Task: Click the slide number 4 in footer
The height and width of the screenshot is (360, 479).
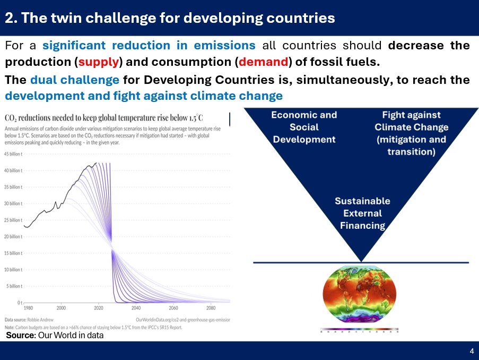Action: point(472,351)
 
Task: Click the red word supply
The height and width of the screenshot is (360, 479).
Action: point(99,62)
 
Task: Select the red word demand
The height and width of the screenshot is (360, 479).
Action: point(263,62)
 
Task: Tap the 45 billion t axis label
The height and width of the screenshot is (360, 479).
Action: point(13,154)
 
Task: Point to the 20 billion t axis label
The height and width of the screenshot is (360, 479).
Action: point(13,236)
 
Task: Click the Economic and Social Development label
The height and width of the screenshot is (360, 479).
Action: point(304,127)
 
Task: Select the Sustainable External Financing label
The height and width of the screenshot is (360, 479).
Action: point(362,213)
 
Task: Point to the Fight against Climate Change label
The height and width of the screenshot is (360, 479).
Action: point(411,133)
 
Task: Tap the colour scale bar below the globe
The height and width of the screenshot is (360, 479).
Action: point(360,331)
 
